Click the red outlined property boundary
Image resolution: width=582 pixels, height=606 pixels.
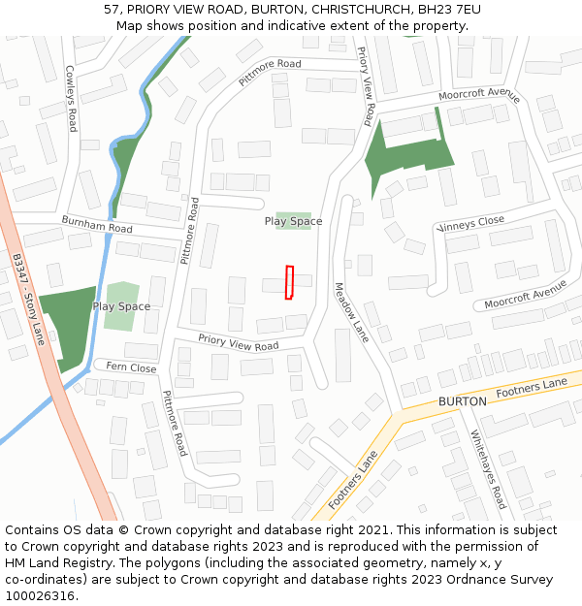(289, 282)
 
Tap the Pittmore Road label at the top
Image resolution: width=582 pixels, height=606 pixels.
(270, 75)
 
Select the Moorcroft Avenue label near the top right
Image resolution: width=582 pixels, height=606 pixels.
(479, 96)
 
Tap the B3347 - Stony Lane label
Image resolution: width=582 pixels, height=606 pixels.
(29, 300)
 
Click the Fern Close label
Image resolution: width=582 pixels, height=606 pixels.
(130, 367)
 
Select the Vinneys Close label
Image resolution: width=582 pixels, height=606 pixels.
(471, 224)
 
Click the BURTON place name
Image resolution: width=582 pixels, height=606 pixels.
(462, 400)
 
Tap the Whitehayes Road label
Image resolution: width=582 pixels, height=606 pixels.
(488, 469)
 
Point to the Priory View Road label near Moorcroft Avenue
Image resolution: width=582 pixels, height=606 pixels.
(365, 86)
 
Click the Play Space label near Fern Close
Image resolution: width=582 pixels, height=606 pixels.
(121, 306)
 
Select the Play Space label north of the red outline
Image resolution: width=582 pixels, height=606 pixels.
(293, 221)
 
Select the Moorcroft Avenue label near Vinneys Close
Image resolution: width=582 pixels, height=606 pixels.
(525, 296)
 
